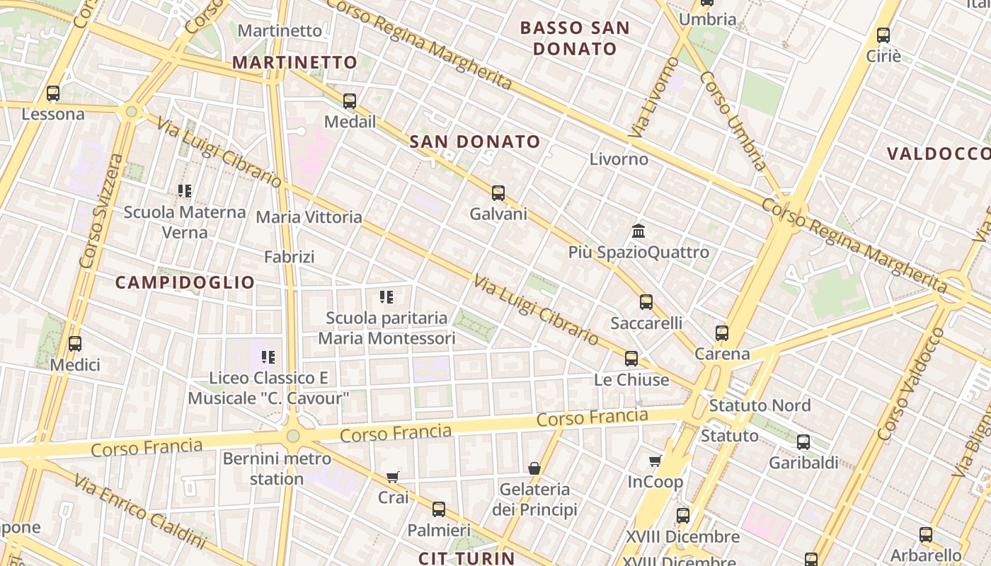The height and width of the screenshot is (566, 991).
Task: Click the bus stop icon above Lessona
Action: point(53,93)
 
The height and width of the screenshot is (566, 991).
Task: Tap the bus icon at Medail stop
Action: point(350,100)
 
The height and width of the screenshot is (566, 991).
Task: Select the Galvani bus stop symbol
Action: point(498,192)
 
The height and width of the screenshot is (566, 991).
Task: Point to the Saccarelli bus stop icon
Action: point(646,302)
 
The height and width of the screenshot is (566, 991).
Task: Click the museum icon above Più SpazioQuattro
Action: point(638,231)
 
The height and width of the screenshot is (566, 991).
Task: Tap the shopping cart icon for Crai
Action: point(393,477)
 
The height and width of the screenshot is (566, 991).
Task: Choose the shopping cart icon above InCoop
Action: point(655,461)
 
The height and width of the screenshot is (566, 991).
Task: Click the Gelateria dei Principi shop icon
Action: point(534,468)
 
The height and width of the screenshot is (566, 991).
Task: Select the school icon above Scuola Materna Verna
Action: point(185,190)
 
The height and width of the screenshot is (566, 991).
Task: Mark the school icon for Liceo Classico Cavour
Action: point(268,357)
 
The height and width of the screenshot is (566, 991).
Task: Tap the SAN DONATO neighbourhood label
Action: point(475,141)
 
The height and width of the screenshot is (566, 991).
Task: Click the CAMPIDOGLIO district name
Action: point(185,282)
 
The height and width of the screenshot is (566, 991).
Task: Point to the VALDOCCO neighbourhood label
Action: point(939,154)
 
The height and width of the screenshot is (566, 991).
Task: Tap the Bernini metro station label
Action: point(277,468)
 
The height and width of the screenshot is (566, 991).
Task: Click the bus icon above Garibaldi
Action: point(803,442)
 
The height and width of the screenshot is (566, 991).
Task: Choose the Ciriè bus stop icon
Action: point(883,35)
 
